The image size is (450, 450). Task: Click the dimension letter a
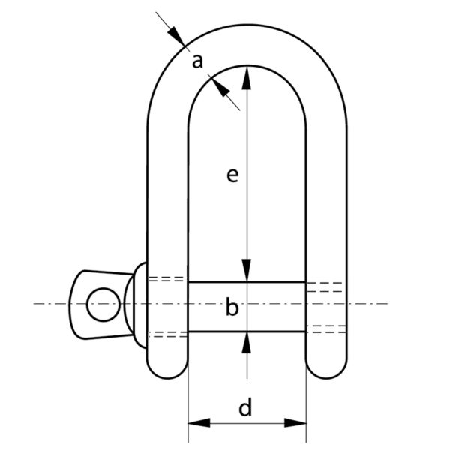pos(198,62)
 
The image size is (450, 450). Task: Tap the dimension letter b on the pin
pos(232,307)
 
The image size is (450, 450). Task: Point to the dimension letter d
pos(245,409)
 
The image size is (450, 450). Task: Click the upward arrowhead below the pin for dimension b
pos(247,341)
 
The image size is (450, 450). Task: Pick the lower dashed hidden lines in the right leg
pos(326,328)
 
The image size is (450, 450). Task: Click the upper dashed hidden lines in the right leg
pos(326,286)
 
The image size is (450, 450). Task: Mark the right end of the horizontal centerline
pos(387,304)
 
